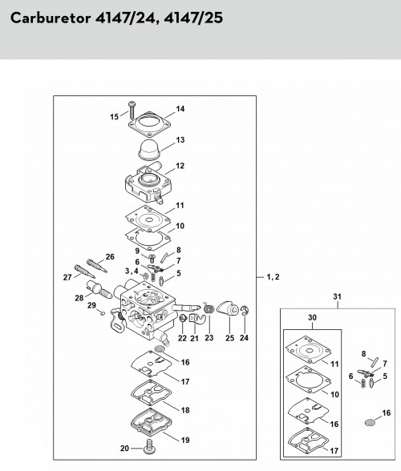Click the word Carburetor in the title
click(51, 18)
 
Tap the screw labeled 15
click(132, 111)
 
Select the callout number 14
click(180, 109)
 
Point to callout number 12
click(180, 166)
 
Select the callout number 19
click(185, 440)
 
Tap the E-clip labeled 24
click(245, 310)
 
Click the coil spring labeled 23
click(209, 308)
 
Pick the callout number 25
click(230, 338)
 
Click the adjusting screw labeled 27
click(84, 272)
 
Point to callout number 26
click(110, 257)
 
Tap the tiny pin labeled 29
click(103, 313)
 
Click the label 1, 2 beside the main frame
click(273, 277)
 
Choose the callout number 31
click(337, 296)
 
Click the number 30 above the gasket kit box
click(312, 317)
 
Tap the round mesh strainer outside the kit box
click(369, 422)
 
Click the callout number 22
click(182, 338)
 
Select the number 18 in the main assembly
click(185, 410)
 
